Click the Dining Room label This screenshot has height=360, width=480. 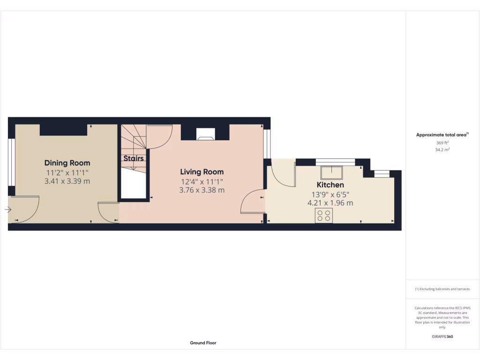coord(67,163)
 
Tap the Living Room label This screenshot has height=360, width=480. coord(202,172)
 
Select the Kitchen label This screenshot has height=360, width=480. coord(330,185)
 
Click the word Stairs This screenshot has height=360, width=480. coord(134,158)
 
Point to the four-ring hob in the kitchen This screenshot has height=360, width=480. coord(323,216)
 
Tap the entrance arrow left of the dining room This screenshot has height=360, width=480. coord(8,210)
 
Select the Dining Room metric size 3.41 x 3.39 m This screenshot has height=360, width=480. coord(67,181)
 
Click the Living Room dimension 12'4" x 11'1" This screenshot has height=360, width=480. coord(202,181)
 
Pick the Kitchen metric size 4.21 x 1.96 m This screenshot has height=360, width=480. coord(330,203)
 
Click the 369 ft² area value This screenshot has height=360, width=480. coord(442,143)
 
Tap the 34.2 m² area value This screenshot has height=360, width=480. coord(442,150)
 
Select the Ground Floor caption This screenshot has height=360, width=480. coord(203,343)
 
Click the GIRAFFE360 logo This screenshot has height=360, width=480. coord(442,337)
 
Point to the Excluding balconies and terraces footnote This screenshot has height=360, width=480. coord(442,289)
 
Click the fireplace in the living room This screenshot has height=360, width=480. coord(206,135)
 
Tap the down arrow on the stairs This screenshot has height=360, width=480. coord(133,166)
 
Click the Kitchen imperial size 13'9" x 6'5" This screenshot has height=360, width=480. coord(330,194)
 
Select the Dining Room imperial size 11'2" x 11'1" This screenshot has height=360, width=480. coord(67,172)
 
